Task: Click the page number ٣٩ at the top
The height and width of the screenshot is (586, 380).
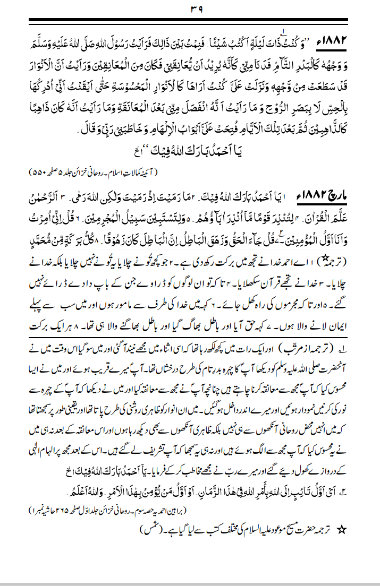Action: point(190,9)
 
